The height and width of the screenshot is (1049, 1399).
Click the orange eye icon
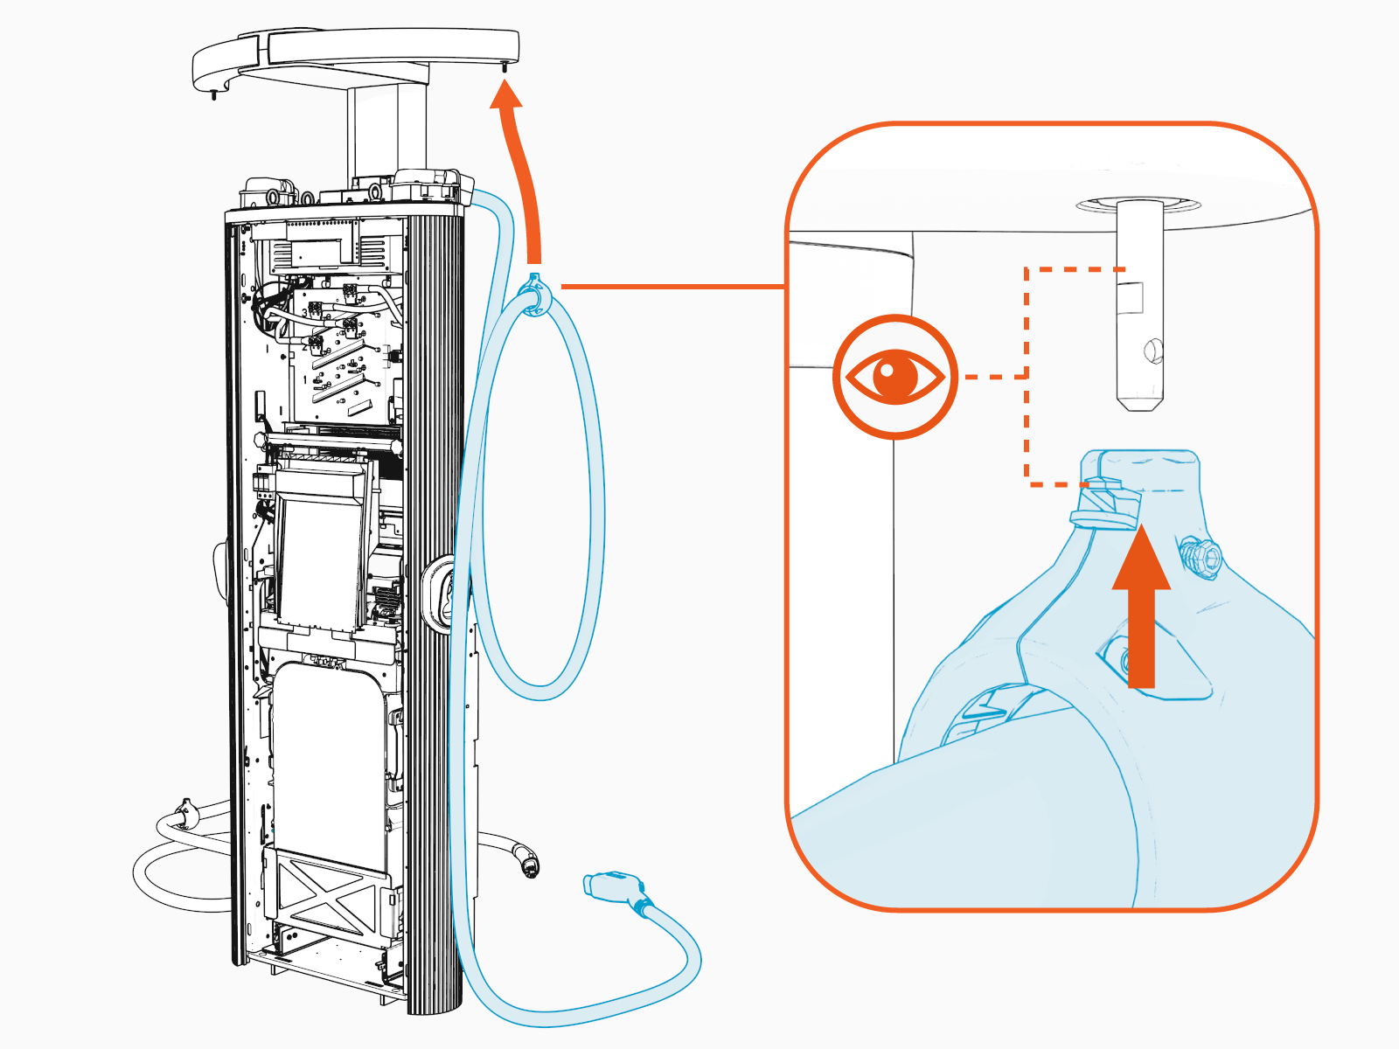coord(895,377)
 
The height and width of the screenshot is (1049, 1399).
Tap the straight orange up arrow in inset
coord(1141,612)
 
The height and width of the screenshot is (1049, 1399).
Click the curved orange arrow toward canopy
coord(519,166)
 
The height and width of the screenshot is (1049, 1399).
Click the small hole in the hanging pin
coord(1153,351)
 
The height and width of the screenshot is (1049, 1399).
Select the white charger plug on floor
coord(528,861)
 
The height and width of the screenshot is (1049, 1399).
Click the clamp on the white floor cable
coord(185,813)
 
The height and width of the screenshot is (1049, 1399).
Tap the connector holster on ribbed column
coord(437,594)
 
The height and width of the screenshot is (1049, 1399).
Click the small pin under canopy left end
coord(212,94)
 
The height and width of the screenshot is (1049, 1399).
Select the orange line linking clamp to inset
coord(673,286)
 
